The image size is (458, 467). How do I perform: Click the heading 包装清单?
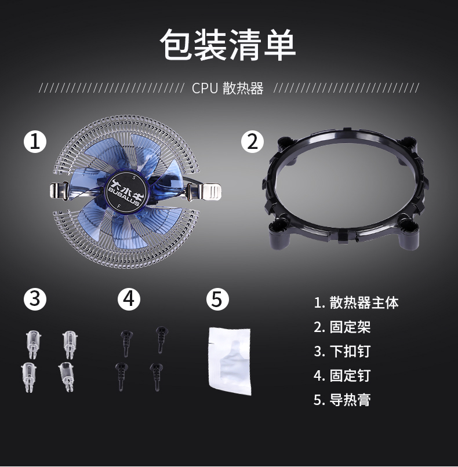pyautogui.click(x=228, y=45)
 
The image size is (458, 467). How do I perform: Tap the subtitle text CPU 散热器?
pyautogui.click(x=228, y=88)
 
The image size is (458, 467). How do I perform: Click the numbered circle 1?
pyautogui.click(x=35, y=141)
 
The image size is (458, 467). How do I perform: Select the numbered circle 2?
pyautogui.click(x=252, y=141)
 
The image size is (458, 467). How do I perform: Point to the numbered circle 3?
pyautogui.click(x=35, y=299)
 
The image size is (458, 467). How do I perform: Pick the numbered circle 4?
pyautogui.click(x=129, y=299)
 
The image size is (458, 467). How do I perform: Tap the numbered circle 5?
pyautogui.click(x=218, y=299)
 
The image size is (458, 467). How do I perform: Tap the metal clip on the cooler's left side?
pyautogui.click(x=60, y=191)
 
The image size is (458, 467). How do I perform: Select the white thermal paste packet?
pyautogui.click(x=230, y=362)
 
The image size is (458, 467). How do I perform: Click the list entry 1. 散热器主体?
pyautogui.click(x=356, y=302)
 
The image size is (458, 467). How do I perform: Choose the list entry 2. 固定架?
pyautogui.click(x=342, y=327)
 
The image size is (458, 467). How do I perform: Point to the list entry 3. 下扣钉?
pyautogui.click(x=342, y=352)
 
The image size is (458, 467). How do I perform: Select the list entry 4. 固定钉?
pyautogui.click(x=342, y=375)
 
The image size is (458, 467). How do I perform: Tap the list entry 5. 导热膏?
pyautogui.click(x=342, y=400)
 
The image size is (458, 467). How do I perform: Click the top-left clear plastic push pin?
pyautogui.click(x=33, y=344)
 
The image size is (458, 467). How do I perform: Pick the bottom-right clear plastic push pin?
pyautogui.click(x=67, y=377)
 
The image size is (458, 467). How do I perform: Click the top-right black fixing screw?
pyautogui.click(x=162, y=340)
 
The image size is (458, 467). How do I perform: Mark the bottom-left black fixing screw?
pyautogui.click(x=121, y=377)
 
